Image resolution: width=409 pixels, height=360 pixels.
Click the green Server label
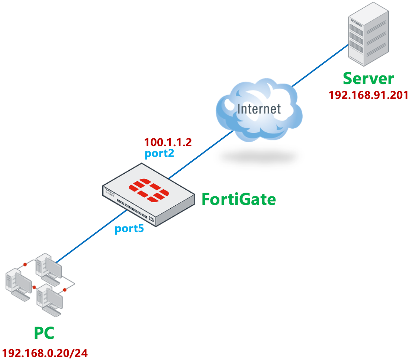click(x=368, y=79)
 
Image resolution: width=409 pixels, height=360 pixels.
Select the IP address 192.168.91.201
click(x=368, y=95)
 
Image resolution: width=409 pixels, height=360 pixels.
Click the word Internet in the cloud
click(x=259, y=109)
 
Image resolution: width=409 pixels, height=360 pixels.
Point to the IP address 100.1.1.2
click(x=168, y=142)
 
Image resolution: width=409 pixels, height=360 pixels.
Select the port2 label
click(x=159, y=153)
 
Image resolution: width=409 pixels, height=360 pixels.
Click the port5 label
click(x=129, y=228)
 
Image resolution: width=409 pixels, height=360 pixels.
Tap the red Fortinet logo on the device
click(x=148, y=190)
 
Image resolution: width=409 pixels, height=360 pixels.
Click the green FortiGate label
click(x=239, y=200)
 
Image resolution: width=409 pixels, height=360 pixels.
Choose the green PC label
click(x=44, y=332)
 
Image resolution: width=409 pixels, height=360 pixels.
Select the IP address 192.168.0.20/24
click(x=45, y=353)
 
